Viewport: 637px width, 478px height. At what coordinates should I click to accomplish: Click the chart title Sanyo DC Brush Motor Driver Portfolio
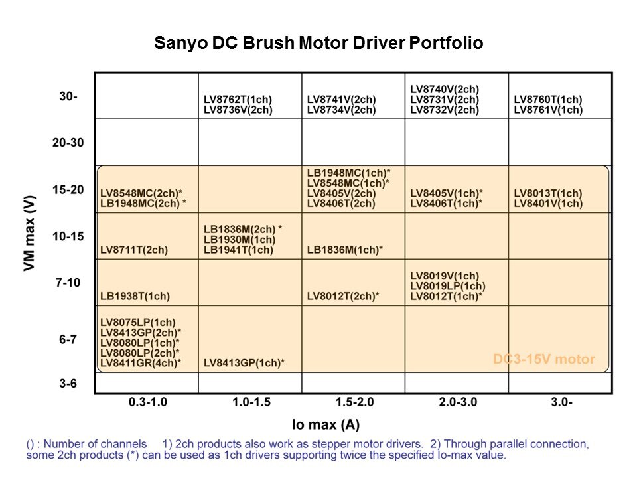pyautogui.click(x=318, y=44)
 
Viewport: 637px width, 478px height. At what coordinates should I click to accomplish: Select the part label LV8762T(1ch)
pyautogui.click(x=238, y=100)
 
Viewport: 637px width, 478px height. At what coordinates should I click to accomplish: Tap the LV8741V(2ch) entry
pyautogui.click(x=341, y=100)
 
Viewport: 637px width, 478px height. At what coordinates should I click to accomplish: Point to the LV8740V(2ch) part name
pyautogui.click(x=445, y=90)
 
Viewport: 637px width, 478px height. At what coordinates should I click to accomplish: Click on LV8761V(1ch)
pyautogui.click(x=548, y=110)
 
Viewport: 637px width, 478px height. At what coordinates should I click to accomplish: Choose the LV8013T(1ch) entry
pyautogui.click(x=548, y=193)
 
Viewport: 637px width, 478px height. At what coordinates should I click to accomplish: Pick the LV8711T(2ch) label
pyautogui.click(x=134, y=250)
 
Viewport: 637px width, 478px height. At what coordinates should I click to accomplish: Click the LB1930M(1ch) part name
pyautogui.click(x=239, y=239)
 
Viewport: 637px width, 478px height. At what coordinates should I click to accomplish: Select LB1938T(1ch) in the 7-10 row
pyautogui.click(x=135, y=297)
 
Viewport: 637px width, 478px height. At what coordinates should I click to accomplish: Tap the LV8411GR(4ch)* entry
pyautogui.click(x=141, y=363)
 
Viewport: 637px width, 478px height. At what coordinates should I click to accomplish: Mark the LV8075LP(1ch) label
pyautogui.click(x=138, y=323)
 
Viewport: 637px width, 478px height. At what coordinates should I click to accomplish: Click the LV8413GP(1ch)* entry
pyautogui.click(x=244, y=363)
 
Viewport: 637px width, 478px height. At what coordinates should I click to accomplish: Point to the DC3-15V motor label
pyautogui.click(x=543, y=360)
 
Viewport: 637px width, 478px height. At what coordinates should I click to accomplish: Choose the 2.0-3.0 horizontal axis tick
pyautogui.click(x=457, y=402)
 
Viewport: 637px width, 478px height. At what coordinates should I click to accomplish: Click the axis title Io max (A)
pyautogui.click(x=326, y=424)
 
